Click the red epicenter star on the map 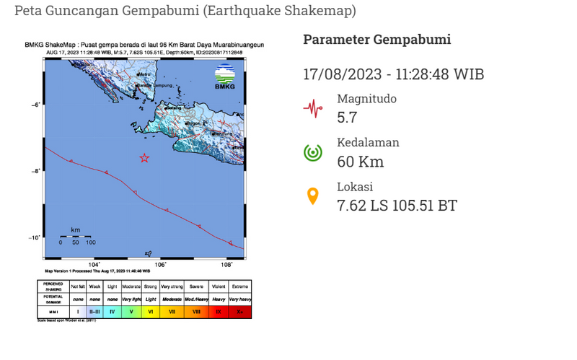coord(144,158)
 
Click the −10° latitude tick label coord(34,238)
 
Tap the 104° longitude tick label coord(94,265)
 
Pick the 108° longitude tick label coord(226,265)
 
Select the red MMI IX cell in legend coord(219,312)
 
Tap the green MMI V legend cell coord(131,312)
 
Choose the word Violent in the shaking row coord(219,287)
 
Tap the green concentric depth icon coord(312,152)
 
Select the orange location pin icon coord(312,196)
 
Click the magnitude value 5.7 coord(347,118)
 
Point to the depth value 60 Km coord(360,162)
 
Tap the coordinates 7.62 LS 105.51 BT coord(397,206)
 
